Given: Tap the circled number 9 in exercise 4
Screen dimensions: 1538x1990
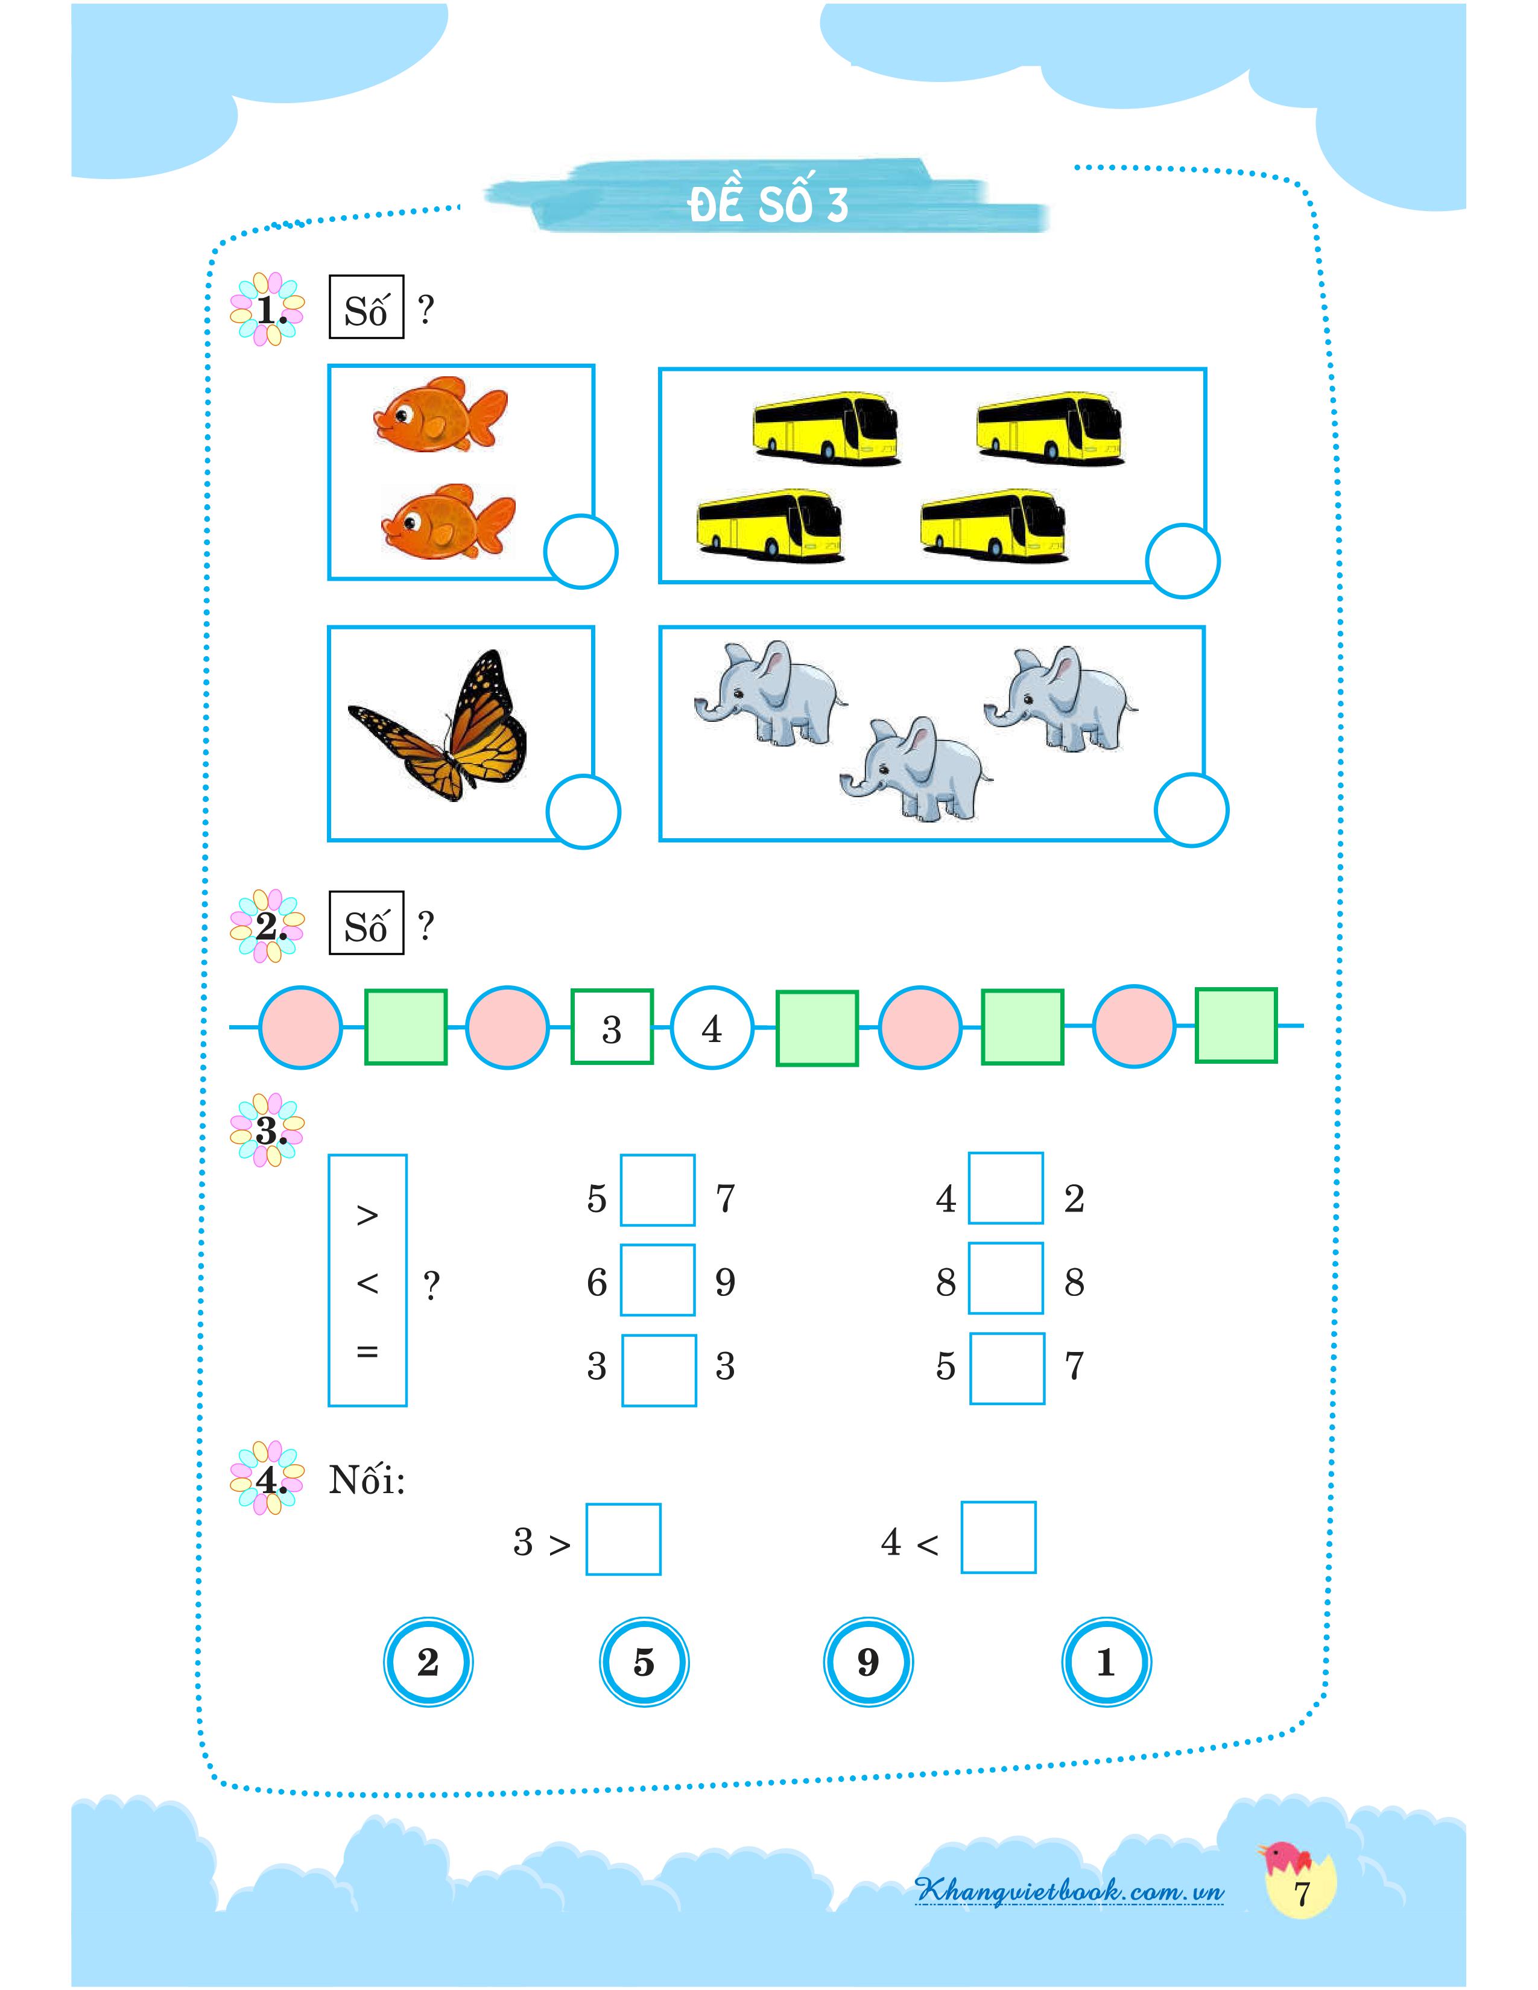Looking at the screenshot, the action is (867, 1662).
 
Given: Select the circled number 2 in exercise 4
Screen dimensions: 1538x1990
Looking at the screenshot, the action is (428, 1662).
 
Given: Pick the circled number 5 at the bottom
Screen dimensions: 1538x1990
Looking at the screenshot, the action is (644, 1662).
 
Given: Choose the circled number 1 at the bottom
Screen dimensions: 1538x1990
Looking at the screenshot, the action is (1106, 1662).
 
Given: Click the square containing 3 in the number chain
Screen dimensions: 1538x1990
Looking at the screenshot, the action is (612, 1027).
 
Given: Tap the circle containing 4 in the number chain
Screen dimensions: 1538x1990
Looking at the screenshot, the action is (712, 1028).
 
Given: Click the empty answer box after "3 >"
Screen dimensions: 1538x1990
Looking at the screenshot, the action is (623, 1539).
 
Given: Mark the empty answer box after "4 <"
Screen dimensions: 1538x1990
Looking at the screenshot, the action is (999, 1537).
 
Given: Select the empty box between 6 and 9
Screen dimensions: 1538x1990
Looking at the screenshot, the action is (658, 1279).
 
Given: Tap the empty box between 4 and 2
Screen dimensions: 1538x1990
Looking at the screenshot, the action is (1006, 1188).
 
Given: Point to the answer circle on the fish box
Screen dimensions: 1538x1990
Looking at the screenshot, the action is (580, 551).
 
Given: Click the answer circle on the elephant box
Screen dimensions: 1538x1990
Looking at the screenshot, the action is (1191, 809).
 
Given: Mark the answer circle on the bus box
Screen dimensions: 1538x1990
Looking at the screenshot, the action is (1183, 560).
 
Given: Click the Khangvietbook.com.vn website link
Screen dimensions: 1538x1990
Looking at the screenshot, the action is (1070, 1890).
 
